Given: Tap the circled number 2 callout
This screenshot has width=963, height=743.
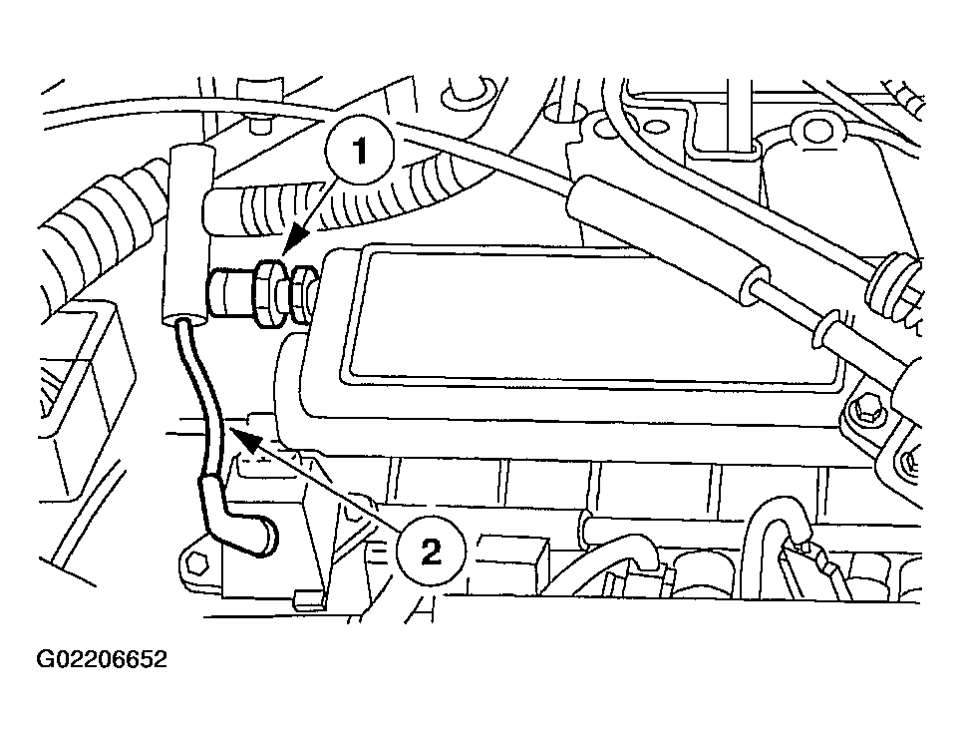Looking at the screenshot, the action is click(x=431, y=552).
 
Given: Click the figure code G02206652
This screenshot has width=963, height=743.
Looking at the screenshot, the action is click(x=102, y=659).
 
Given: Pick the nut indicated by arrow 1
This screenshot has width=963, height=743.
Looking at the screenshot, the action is click(x=270, y=290).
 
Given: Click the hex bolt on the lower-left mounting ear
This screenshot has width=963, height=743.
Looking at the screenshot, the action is click(x=196, y=562).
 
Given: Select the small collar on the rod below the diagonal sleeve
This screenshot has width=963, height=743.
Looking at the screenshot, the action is click(x=824, y=331).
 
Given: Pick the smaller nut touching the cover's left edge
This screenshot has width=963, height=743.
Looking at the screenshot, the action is click(x=302, y=294).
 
